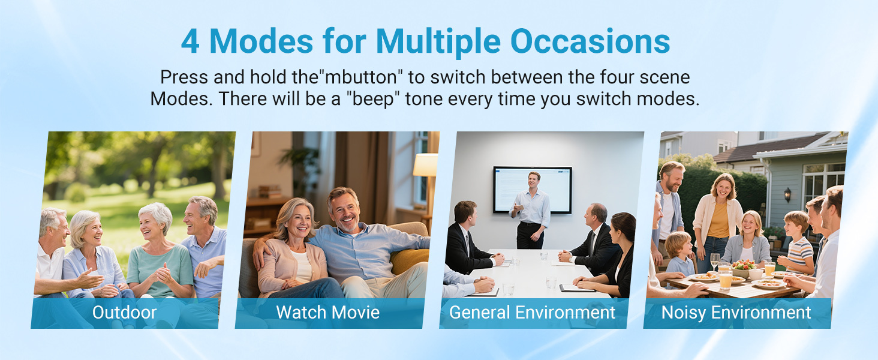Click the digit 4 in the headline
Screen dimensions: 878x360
coord(191,41)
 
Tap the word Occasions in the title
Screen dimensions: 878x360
coord(590,41)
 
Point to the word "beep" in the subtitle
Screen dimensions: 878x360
coord(373,99)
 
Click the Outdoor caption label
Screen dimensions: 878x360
coord(124,313)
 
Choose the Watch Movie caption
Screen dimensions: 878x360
coord(327,313)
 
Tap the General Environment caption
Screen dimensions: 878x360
coord(532,313)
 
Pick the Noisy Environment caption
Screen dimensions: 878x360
coord(736,313)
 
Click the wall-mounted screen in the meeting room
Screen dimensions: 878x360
coord(533,190)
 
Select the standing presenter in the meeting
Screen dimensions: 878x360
coord(531,211)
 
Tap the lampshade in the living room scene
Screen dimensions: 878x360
coord(425,165)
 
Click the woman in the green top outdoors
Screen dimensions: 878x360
coord(160,251)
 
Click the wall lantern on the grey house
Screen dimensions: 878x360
coord(787,194)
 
